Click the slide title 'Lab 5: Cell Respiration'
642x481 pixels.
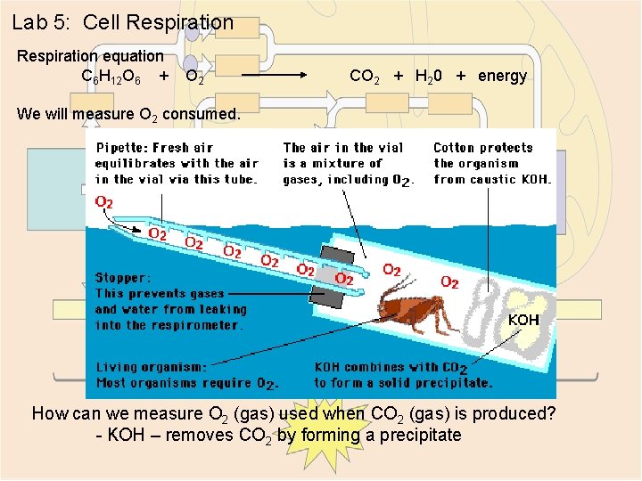122,22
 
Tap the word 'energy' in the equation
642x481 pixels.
502,76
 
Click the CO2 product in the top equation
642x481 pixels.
366,77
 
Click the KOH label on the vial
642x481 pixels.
523,319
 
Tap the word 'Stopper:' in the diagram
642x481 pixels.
124,277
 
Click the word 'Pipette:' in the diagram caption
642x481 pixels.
124,148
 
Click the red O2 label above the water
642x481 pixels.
104,202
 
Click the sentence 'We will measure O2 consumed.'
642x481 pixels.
128,114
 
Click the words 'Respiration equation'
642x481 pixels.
90,55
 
